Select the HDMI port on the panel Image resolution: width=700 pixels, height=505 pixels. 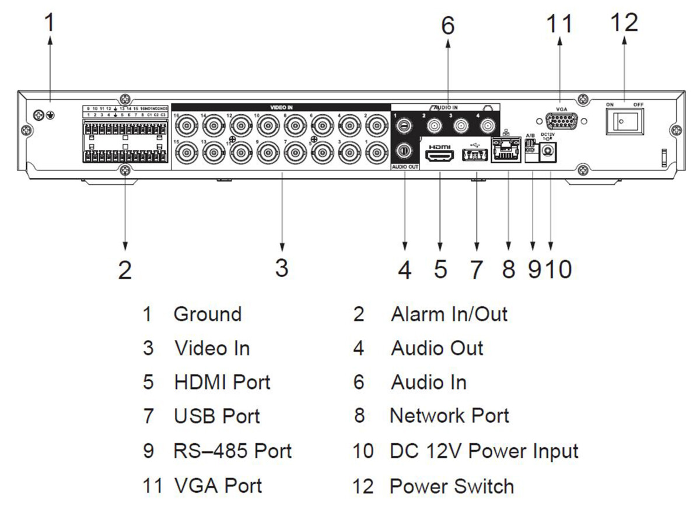439,156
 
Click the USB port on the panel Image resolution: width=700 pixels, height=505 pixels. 474,156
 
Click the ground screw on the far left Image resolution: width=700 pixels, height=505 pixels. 39,114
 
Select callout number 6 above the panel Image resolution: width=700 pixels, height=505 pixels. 447,26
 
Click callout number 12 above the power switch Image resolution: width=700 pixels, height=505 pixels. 624,23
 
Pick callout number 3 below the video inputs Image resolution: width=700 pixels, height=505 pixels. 282,268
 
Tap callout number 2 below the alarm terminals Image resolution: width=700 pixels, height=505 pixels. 124,270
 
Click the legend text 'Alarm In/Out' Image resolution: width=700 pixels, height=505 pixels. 449,314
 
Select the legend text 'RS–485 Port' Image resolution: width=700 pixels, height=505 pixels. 232,451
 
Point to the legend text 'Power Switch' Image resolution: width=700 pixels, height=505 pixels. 452,486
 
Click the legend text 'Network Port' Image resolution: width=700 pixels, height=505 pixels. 449,416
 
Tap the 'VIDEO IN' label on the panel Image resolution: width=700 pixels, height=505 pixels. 281,107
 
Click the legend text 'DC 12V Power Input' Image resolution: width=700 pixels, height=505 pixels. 484,451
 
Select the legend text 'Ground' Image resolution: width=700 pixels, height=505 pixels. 207,314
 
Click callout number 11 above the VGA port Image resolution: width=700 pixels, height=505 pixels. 559,24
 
